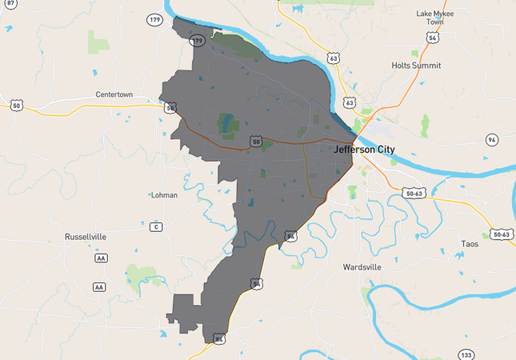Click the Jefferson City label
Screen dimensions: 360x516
361,149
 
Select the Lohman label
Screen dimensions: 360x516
165,194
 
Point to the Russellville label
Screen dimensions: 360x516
86,237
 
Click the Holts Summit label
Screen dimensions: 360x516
416,66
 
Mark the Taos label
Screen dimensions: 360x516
470,243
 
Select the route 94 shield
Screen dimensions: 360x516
492,140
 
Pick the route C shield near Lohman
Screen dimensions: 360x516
157,227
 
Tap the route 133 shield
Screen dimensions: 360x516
466,354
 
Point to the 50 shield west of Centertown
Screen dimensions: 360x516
16,106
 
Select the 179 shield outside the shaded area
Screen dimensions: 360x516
154,18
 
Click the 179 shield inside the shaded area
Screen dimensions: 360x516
197,40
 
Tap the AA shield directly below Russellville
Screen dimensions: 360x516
100,258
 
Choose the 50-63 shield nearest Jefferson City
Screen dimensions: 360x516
414,194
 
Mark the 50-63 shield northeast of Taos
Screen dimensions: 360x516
502,234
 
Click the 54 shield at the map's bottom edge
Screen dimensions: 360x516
219,339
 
